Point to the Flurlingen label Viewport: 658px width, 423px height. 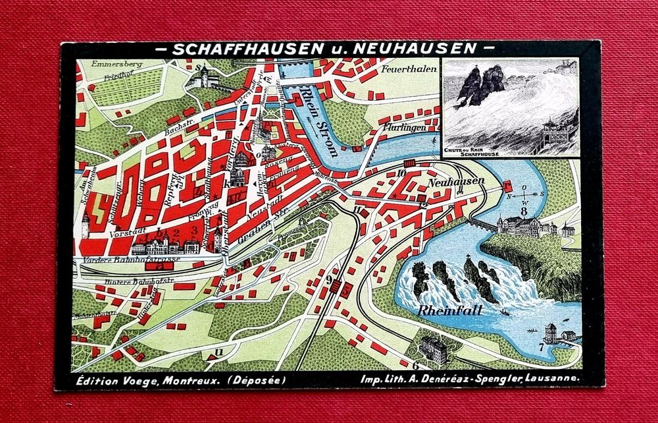coord(405,128)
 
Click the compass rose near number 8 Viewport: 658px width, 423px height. coord(524,194)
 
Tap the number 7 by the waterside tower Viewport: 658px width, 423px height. coord(541,347)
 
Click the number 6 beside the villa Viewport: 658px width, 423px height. coord(415,364)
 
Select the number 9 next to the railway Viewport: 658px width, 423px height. coord(328,280)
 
